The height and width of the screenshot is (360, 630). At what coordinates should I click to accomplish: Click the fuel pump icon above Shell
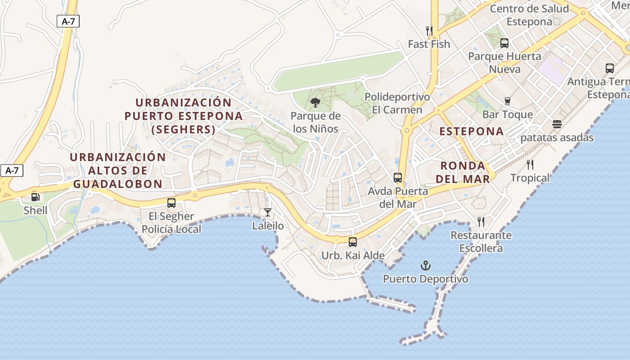[x=35, y=197]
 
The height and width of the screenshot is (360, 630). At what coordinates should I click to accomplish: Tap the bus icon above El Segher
[x=171, y=202]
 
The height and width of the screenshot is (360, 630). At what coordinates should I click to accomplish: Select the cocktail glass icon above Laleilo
[x=268, y=212]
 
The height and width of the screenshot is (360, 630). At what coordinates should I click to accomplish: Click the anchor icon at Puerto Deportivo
[x=425, y=265]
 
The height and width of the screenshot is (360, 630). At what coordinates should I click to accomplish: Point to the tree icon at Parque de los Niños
[x=315, y=103]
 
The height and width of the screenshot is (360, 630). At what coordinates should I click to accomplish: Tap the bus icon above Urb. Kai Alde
[x=353, y=242]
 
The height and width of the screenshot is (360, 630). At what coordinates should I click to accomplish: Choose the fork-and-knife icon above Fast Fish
[x=429, y=31]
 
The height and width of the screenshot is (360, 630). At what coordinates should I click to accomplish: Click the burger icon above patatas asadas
[x=557, y=124]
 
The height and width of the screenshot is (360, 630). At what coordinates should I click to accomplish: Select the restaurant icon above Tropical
[x=530, y=164]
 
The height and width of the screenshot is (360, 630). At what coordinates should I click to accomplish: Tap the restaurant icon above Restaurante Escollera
[x=481, y=221]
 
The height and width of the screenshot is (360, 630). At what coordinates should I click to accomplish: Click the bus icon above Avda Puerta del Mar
[x=398, y=177]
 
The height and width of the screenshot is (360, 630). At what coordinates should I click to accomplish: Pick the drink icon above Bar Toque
[x=508, y=101]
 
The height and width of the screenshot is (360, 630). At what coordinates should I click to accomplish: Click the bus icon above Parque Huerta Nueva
[x=504, y=43]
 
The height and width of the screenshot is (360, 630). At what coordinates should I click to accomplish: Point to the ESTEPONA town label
[x=472, y=131]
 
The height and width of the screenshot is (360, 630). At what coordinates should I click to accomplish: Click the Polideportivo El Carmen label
[x=397, y=103]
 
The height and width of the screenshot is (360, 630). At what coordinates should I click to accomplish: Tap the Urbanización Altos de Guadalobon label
[x=118, y=171]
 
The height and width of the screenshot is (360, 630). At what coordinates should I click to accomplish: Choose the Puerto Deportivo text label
[x=425, y=279]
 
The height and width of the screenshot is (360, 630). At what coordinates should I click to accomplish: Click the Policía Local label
[x=171, y=229]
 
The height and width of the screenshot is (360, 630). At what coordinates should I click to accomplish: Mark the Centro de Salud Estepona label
[x=529, y=15]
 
